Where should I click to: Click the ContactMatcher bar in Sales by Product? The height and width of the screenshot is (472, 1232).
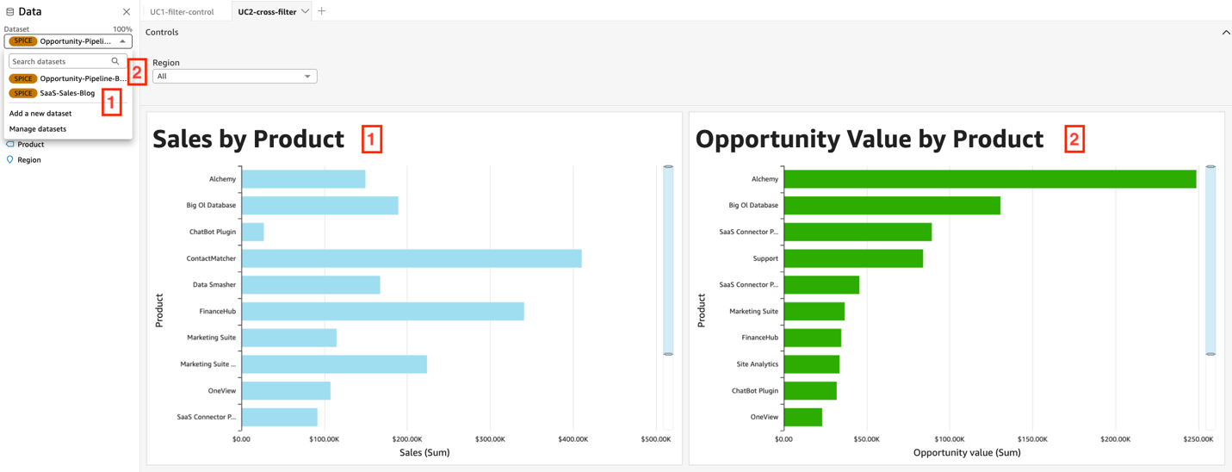(412, 258)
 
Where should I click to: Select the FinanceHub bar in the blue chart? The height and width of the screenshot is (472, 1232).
(383, 311)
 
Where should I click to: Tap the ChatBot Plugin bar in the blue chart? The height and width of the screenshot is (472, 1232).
(253, 232)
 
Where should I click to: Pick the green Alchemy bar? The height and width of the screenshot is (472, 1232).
(989, 179)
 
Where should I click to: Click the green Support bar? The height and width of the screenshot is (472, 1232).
(853, 258)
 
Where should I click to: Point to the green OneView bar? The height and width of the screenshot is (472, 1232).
(803, 417)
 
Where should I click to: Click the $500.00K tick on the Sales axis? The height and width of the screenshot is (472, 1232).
(656, 439)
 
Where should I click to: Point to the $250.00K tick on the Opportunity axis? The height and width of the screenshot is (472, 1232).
(1198, 439)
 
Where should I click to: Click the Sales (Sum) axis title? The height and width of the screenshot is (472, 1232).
(424, 452)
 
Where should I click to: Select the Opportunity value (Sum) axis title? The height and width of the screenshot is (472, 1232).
(967, 452)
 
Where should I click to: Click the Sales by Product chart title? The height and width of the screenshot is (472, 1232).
(248, 140)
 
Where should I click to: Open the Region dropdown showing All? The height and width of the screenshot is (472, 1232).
(234, 77)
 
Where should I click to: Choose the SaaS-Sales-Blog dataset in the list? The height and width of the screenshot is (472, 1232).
(67, 93)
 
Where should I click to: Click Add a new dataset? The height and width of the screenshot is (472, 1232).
(40, 114)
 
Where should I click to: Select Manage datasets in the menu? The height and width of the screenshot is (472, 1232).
(38, 129)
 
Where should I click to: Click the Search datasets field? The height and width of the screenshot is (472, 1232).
(60, 62)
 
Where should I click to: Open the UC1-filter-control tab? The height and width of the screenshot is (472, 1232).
(182, 12)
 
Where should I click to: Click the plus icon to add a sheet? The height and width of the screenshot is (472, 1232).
(322, 11)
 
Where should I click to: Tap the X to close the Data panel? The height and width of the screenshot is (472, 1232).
(127, 12)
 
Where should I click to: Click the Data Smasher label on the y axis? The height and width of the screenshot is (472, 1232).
(214, 285)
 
